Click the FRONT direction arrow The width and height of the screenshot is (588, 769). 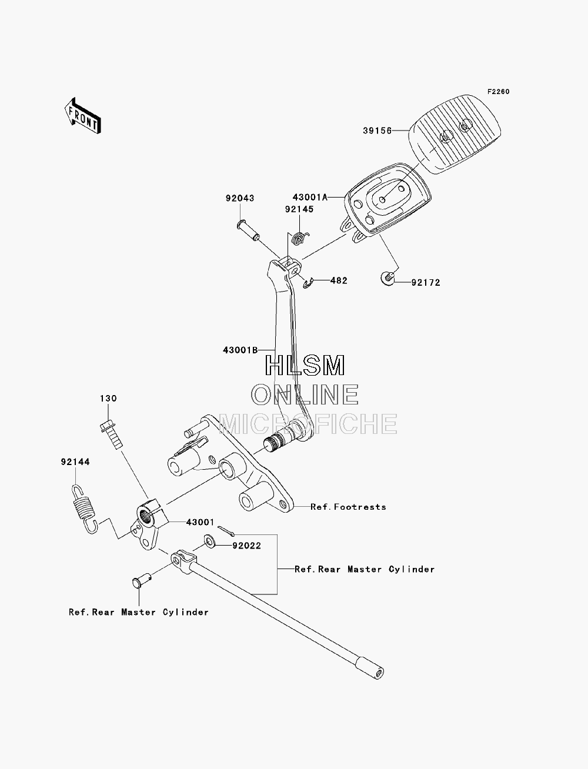[83, 115]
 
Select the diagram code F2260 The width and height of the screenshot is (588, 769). [498, 92]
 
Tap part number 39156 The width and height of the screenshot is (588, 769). [377, 131]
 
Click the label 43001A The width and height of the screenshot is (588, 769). [310, 198]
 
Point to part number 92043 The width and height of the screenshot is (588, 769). [240, 198]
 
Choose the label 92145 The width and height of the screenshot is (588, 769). [299, 209]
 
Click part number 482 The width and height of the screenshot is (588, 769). [339, 280]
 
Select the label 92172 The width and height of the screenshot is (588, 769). [426, 283]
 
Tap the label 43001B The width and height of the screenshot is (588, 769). [240, 350]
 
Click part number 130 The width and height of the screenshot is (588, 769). [108, 399]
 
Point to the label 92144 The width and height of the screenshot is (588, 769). [75, 462]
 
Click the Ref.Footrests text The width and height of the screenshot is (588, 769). [348, 507]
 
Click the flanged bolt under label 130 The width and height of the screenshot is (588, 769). [111, 435]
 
